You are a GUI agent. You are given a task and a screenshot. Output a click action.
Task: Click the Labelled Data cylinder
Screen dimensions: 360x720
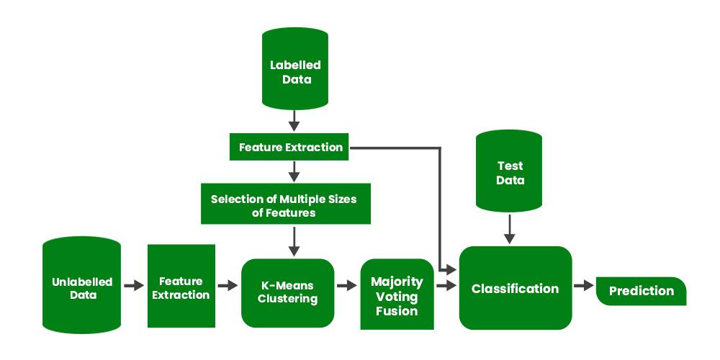tap(295, 72)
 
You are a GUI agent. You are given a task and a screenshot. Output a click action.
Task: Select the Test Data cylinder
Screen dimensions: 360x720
tap(510, 173)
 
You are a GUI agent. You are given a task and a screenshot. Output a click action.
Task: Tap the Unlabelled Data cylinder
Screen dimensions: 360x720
tap(81, 286)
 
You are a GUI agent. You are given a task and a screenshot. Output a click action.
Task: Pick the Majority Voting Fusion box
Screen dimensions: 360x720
tap(397, 294)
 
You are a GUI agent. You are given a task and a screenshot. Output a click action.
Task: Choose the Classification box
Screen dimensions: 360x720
tap(515, 288)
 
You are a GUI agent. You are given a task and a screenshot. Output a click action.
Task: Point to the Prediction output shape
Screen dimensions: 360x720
tap(641, 291)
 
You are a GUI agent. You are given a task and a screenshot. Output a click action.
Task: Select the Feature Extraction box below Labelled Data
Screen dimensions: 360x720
tap(290, 147)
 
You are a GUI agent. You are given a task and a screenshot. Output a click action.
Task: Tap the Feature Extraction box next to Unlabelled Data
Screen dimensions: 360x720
tap(181, 286)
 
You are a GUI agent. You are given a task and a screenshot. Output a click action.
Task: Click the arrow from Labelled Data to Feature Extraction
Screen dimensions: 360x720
tap(294, 120)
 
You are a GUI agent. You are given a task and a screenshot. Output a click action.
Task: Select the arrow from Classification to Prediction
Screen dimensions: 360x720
tap(583, 286)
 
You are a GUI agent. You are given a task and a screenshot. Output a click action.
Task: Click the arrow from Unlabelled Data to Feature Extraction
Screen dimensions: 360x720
tap(134, 286)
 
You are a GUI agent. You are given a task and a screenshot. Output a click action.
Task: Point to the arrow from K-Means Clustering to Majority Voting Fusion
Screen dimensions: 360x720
tap(346, 286)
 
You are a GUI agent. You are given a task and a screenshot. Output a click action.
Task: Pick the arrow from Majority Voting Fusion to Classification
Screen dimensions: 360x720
tap(446, 286)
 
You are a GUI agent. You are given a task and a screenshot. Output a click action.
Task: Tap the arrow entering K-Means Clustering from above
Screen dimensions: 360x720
tap(294, 240)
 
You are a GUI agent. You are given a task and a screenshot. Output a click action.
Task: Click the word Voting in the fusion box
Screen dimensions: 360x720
tap(397, 296)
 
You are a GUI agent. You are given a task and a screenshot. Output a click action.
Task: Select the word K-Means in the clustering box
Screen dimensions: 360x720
tap(288, 284)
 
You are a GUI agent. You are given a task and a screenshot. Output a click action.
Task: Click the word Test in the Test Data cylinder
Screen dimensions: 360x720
tap(510, 166)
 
